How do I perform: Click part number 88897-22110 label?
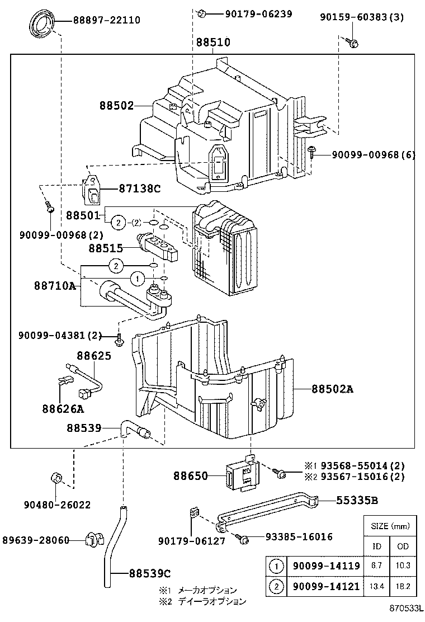point(106,21)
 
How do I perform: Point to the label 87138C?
point(139,189)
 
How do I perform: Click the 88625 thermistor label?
point(93,355)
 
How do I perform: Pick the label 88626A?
point(62,408)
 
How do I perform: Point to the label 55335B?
point(357,500)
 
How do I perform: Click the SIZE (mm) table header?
point(390,526)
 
